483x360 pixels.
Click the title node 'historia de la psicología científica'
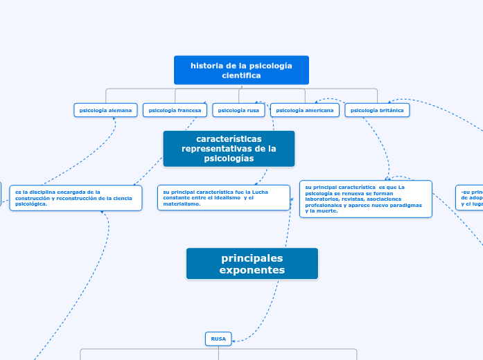[241, 70]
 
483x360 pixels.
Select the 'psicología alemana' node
[105, 110]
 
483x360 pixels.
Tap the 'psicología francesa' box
[175, 110]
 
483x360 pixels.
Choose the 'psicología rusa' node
[238, 110]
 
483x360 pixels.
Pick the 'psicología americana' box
[304, 110]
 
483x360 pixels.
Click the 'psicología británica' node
[377, 110]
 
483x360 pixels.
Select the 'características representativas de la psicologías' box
[229, 149]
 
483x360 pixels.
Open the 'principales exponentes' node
[252, 264]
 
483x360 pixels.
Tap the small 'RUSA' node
[218, 339]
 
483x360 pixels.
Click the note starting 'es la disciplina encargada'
[76, 198]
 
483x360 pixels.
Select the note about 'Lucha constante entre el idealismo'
[223, 197]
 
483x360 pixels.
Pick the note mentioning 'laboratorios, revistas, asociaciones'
[365, 199]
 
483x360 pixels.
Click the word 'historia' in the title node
[206, 66]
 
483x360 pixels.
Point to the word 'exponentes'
[252, 270]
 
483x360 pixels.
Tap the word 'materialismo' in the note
[182, 204]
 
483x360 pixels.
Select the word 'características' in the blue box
[229, 139]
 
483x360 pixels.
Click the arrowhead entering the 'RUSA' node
[234, 340]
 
